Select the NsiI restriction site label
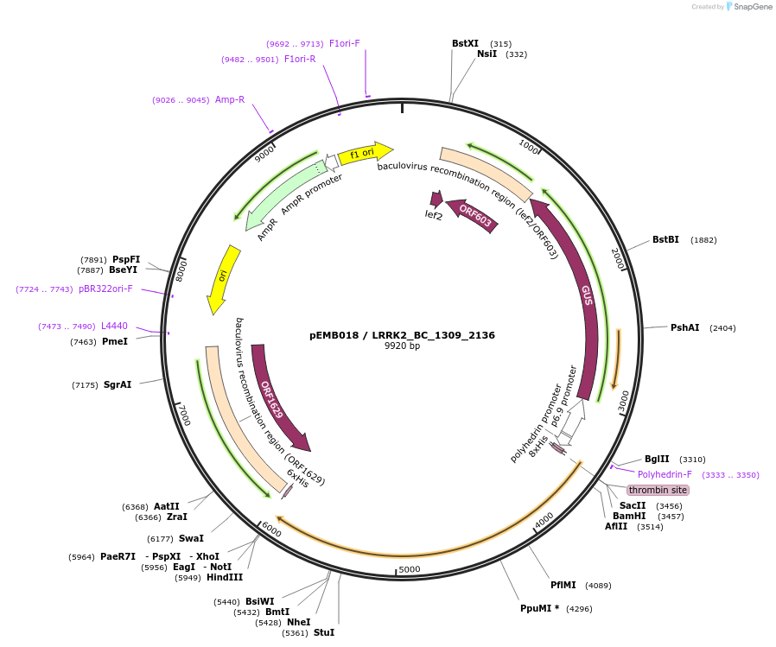pos(487,54)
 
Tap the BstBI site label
pos(665,239)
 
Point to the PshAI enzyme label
pos(684,327)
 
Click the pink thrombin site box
pos(658,490)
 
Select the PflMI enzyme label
pos(563,585)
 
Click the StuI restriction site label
pos(324,632)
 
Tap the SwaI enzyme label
pos(191,538)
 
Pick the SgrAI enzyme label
pos(118,384)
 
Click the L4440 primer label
pos(114,326)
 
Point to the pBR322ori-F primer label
pos(105,289)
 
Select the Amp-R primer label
pos(230,99)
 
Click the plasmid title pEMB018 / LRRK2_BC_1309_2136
pos(402,334)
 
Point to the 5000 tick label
pos(410,568)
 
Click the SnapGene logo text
pos(751,7)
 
